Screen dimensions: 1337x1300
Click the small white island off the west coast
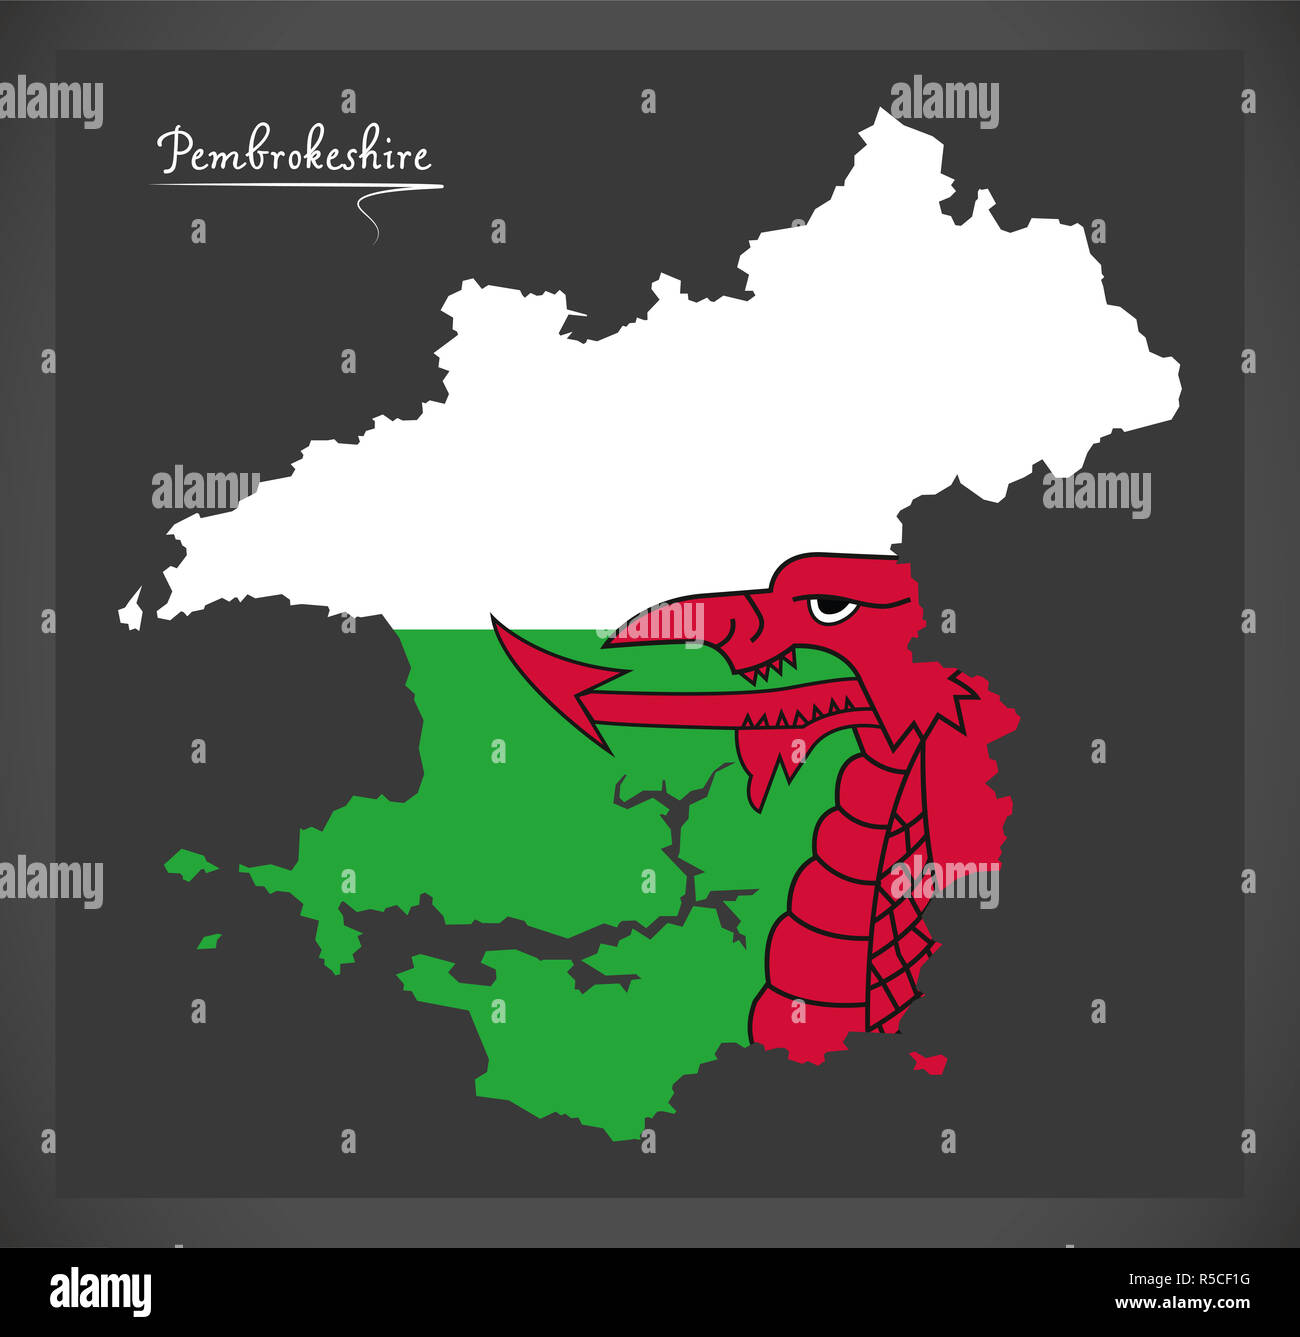130,609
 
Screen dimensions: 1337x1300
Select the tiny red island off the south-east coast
930,1061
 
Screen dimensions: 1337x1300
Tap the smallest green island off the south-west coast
208,941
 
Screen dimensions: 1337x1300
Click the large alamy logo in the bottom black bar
100,1291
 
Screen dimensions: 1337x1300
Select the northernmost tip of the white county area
880,112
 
